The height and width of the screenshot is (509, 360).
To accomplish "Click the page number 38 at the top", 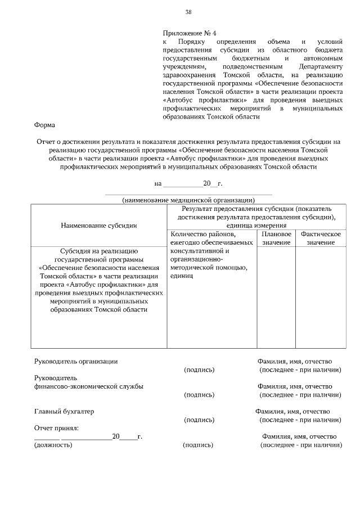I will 188,12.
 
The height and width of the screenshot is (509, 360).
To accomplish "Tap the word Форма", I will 44,126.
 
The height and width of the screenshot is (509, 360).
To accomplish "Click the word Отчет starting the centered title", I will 47,142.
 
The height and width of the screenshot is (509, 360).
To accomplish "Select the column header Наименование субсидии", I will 98,225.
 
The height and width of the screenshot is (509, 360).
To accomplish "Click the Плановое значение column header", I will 276,238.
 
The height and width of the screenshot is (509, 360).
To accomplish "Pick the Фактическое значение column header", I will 320,238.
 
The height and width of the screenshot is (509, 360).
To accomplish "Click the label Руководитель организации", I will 76,361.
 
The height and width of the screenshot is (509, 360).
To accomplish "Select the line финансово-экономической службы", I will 88,386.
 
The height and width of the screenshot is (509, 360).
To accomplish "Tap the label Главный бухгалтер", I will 64,411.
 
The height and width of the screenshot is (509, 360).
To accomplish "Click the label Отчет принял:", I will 57,428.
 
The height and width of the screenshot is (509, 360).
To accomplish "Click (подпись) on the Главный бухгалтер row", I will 199,420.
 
